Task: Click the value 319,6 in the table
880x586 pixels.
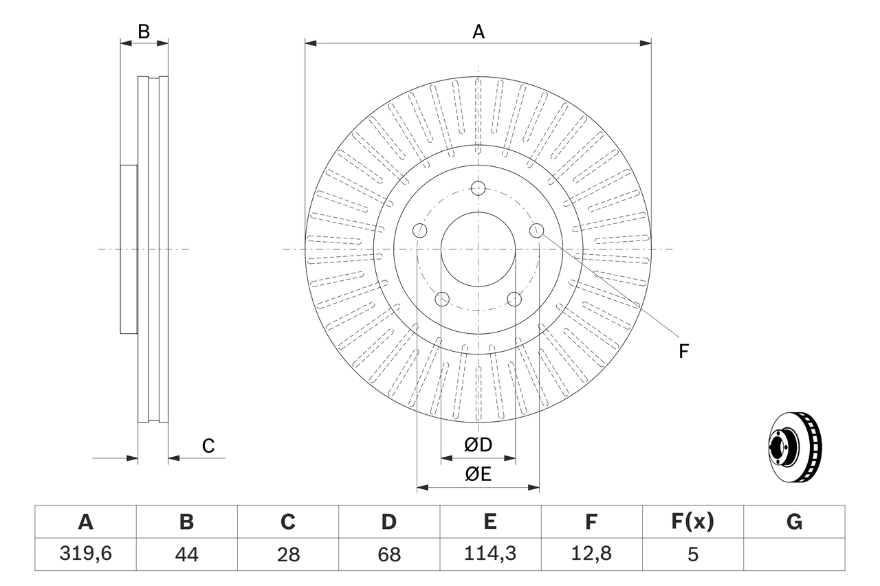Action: click(x=85, y=554)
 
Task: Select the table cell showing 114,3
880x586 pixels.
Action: click(x=489, y=554)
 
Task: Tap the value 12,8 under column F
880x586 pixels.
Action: click(x=591, y=554)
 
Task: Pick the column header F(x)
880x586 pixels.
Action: click(x=692, y=522)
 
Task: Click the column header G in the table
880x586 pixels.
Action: click(x=794, y=522)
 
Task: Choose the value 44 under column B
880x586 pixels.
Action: click(x=186, y=554)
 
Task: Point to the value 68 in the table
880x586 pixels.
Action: click(x=389, y=554)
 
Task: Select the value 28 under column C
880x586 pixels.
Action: click(x=287, y=554)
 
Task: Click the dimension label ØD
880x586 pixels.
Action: click(x=478, y=445)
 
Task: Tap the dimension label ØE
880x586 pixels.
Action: click(x=478, y=475)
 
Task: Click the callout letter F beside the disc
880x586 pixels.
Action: click(x=683, y=351)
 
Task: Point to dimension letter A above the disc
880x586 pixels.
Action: click(x=478, y=32)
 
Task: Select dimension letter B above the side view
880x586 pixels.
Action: click(x=143, y=32)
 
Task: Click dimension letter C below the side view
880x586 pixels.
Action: click(x=208, y=446)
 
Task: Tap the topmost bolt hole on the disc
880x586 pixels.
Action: click(x=478, y=188)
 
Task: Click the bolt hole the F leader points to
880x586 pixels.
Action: click(x=536, y=231)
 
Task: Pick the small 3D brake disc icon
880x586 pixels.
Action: click(x=794, y=447)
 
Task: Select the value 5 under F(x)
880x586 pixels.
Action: click(x=692, y=554)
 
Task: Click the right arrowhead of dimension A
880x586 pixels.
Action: click(x=646, y=43)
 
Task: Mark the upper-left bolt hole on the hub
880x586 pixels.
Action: click(x=420, y=231)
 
